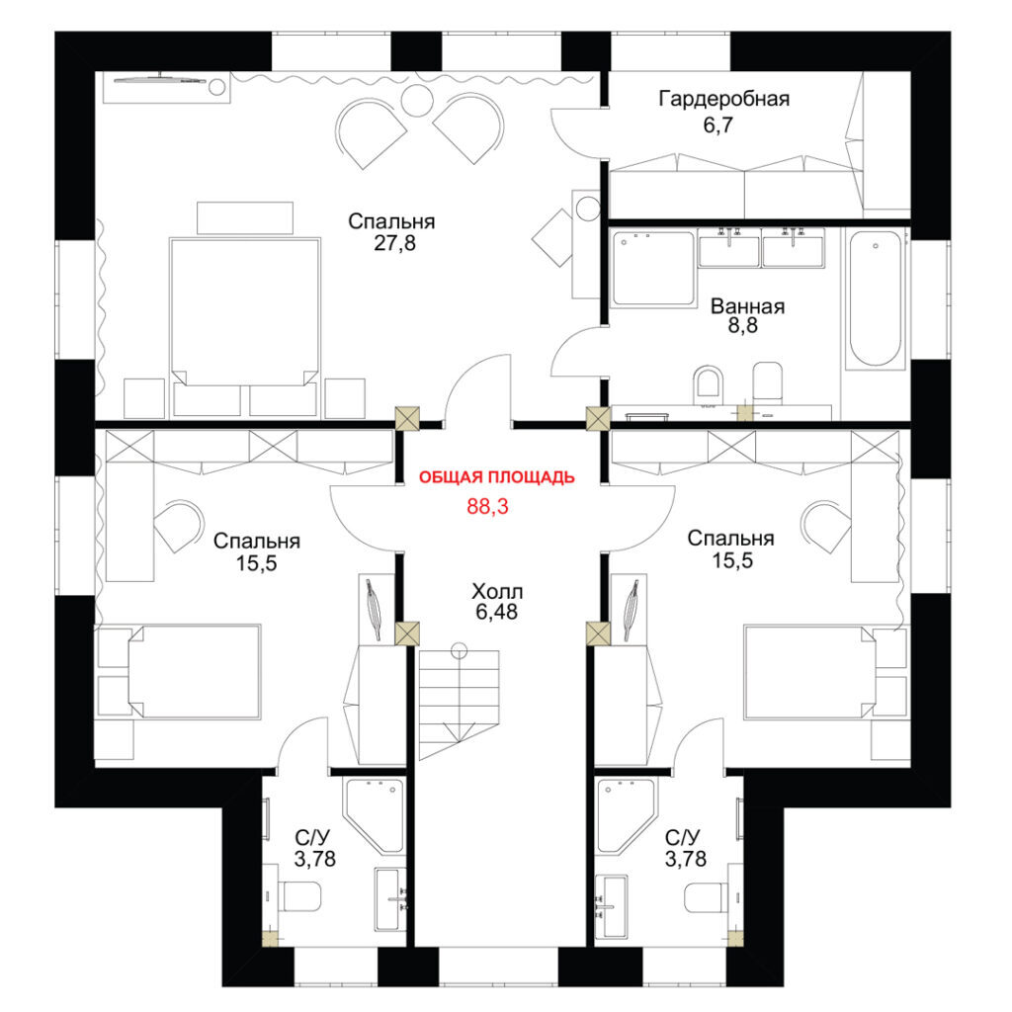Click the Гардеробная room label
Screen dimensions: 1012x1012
(723, 99)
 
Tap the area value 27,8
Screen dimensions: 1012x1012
(395, 243)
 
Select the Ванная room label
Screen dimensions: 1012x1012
(747, 306)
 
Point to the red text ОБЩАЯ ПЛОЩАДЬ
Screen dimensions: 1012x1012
(496, 477)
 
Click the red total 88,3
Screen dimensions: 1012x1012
(487, 507)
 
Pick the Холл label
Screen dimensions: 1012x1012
(497, 591)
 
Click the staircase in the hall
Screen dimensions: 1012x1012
(459, 697)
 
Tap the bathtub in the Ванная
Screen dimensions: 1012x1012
(876, 298)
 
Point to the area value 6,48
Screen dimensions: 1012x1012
(496, 612)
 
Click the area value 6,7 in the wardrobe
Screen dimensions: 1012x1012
(718, 125)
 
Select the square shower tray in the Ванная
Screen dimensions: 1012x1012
(652, 268)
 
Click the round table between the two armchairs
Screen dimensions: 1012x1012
(417, 101)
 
